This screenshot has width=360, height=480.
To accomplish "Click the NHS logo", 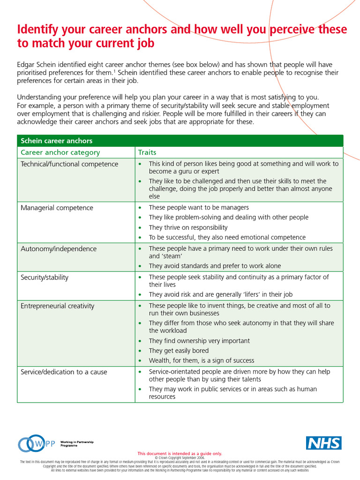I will tap(324, 443).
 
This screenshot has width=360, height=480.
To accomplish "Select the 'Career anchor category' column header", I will tap(60, 152).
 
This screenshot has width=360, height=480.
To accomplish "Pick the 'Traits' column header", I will tap(147, 152).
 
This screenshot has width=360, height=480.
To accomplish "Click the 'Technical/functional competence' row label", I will tap(69, 164).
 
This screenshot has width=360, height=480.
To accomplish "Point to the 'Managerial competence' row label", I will tap(57, 208).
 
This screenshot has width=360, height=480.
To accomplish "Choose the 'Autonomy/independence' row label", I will tap(59, 249).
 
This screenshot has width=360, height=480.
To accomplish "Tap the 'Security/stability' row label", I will tap(45, 277).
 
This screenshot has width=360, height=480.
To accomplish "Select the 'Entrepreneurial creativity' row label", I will tap(57, 306).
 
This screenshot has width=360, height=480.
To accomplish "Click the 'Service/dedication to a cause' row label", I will tap(64, 372).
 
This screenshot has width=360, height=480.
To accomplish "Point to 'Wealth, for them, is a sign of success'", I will tap(202, 360).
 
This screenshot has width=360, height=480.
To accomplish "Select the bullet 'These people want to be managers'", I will tap(199, 207).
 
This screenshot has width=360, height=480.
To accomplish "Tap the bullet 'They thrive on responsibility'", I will tap(188, 227).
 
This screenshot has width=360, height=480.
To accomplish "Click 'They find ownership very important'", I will tap(199, 341).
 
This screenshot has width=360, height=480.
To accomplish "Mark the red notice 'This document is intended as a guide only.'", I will tap(180, 454).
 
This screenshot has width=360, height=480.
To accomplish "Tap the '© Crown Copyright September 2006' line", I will tap(180, 458).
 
